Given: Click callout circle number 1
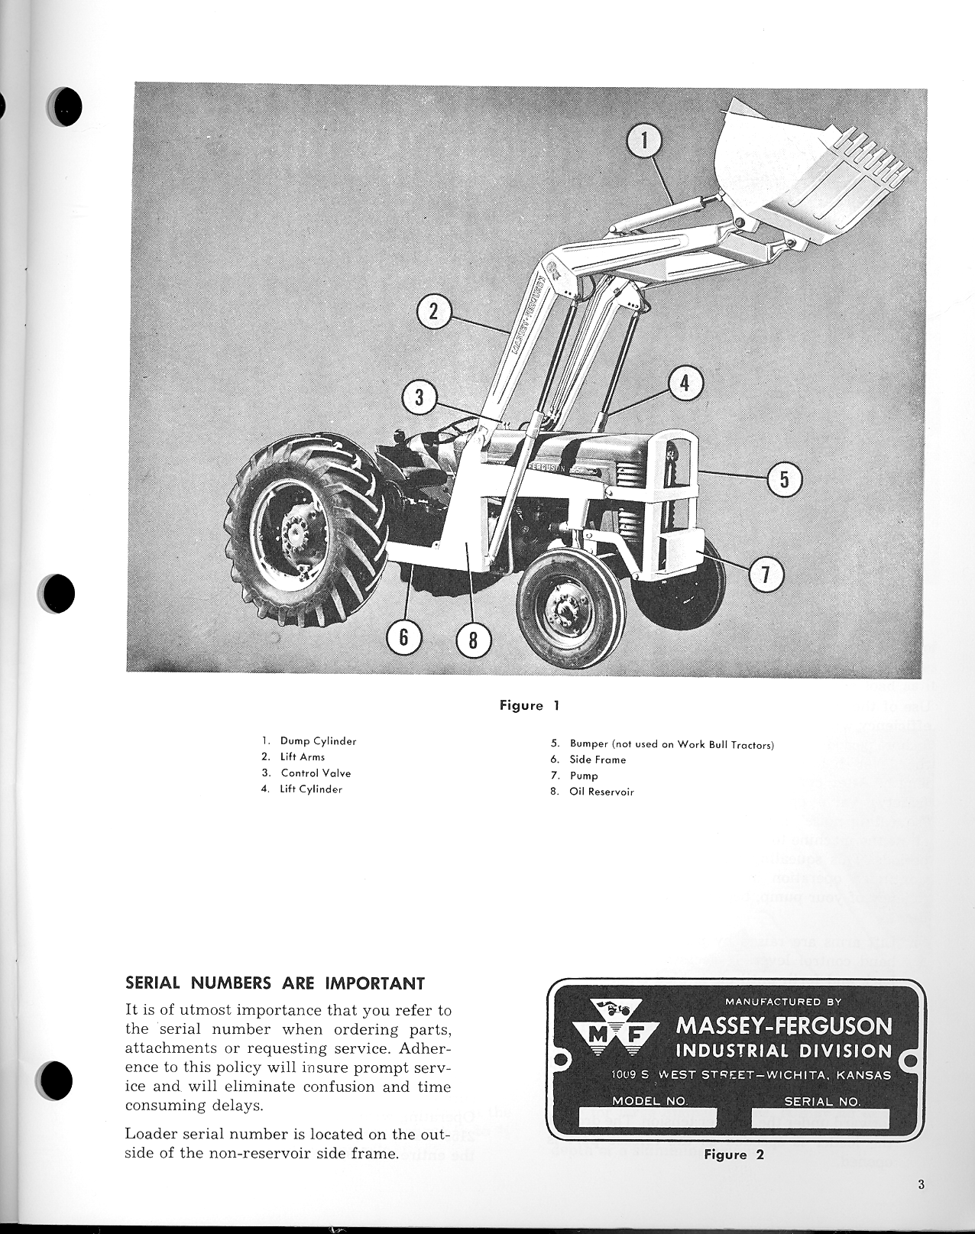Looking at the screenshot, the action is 643,141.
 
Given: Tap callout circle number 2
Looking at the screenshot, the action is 433,312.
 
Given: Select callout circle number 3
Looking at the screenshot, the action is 419,398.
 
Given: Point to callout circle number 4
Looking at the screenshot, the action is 685,383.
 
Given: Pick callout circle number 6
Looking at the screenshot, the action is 403,637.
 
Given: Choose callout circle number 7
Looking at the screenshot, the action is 766,575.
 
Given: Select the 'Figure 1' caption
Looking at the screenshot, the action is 530,705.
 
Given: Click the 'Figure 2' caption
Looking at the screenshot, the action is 734,1155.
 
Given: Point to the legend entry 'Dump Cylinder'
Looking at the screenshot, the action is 318,741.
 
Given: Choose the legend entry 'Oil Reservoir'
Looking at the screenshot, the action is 601,792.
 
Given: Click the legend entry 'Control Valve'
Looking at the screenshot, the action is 316,773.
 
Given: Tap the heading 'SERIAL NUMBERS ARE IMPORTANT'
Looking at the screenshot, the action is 275,983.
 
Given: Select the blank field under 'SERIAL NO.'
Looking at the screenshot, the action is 821,1119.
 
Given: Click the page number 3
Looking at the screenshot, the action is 922,1186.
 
